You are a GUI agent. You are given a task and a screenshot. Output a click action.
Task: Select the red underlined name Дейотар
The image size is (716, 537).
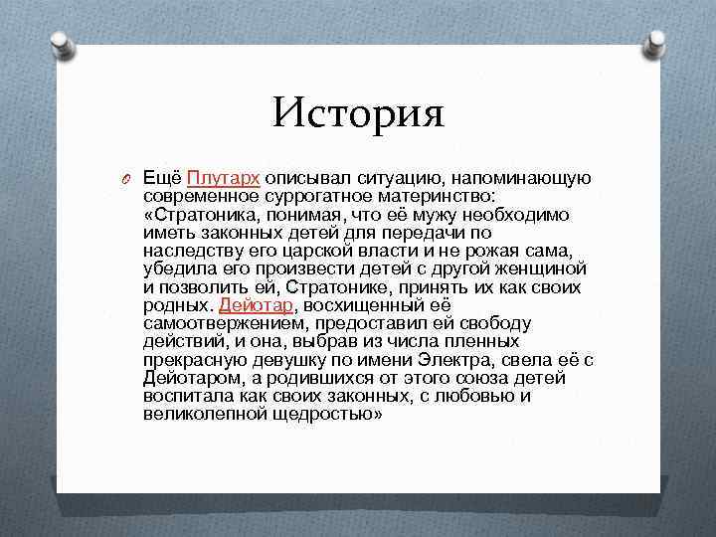pos(257,305)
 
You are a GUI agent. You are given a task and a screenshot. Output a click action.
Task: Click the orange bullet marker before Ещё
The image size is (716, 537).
pos(124,179)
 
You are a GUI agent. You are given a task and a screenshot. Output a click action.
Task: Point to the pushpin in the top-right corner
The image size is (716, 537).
pos(657,42)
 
